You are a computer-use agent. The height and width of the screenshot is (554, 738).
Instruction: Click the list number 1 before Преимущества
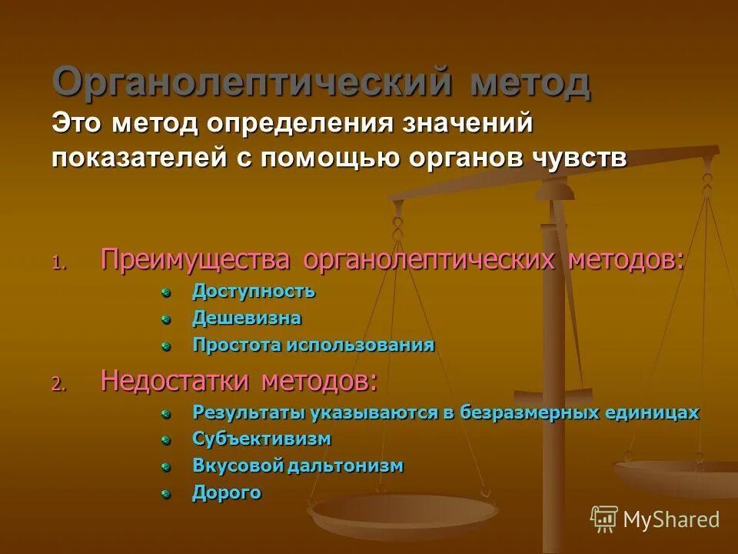pyautogui.click(x=59, y=262)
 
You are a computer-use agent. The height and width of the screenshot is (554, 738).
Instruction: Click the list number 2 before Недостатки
pyautogui.click(x=59, y=383)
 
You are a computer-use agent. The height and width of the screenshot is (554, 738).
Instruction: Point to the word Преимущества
pyautogui.click(x=195, y=259)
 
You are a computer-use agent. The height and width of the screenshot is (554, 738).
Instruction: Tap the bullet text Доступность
pyautogui.click(x=254, y=292)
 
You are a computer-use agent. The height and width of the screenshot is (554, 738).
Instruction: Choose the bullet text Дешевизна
pyautogui.click(x=247, y=318)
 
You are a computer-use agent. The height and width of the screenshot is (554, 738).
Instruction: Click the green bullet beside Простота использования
pyautogui.click(x=165, y=346)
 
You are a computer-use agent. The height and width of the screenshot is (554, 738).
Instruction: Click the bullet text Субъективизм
pyautogui.click(x=261, y=439)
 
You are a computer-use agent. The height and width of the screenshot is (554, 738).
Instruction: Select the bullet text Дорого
pyautogui.click(x=227, y=492)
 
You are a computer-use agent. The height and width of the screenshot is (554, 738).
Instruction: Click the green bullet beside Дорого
pyautogui.click(x=165, y=494)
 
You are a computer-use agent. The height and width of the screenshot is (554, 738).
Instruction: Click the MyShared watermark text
pyautogui.click(x=671, y=519)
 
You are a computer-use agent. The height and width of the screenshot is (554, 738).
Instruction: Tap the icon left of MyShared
pyautogui.click(x=603, y=519)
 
